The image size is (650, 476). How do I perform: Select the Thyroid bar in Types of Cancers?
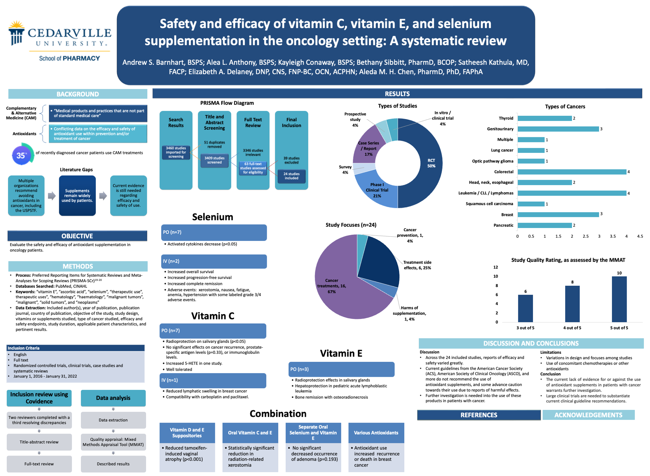544,118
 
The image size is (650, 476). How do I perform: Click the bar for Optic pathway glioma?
531,161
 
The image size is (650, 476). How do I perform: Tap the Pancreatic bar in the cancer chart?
544,225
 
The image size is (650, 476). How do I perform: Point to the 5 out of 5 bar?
619,299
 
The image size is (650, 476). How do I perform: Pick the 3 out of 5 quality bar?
525,308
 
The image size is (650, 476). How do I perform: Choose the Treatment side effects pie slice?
380,260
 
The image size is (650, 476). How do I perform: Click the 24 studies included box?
291,176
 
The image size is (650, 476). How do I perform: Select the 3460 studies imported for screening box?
176,152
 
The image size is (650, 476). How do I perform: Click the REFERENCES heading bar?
478,415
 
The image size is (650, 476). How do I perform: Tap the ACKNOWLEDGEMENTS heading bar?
588,415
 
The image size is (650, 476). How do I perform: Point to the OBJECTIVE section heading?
77,236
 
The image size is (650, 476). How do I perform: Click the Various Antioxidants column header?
376,433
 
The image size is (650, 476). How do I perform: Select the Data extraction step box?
113,420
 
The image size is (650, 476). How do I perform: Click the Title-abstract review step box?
39,442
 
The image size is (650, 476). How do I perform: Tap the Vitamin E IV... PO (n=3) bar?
341,369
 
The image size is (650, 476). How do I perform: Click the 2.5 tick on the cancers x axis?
585,236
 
